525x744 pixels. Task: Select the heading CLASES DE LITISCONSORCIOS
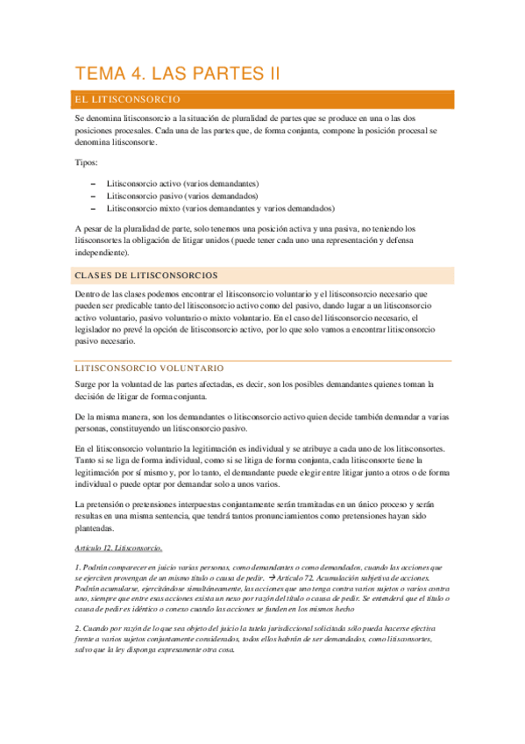coord(146,275)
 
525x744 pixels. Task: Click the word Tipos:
coord(87,163)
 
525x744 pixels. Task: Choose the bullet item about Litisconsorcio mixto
coord(220,209)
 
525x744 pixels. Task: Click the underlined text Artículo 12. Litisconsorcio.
coord(118,548)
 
